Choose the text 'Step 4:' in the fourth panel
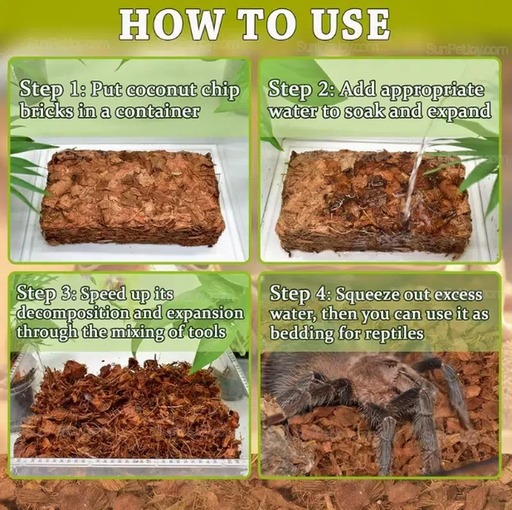pos(300,293)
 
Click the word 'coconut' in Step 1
pos(161,90)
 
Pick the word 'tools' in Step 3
pos(207,332)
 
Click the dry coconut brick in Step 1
pos(132,197)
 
